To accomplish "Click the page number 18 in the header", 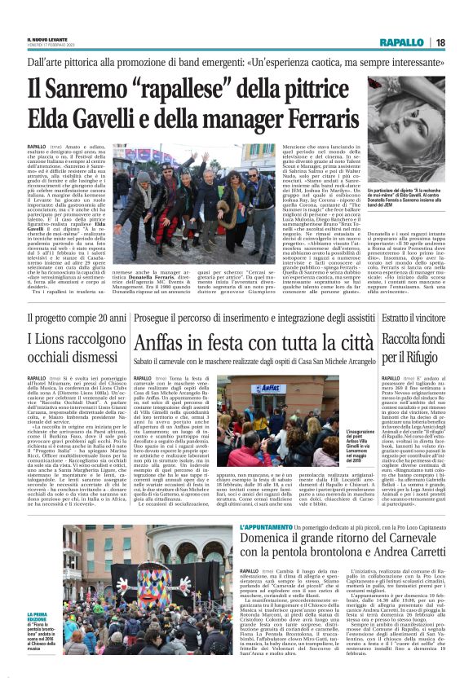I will click(462, 42).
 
